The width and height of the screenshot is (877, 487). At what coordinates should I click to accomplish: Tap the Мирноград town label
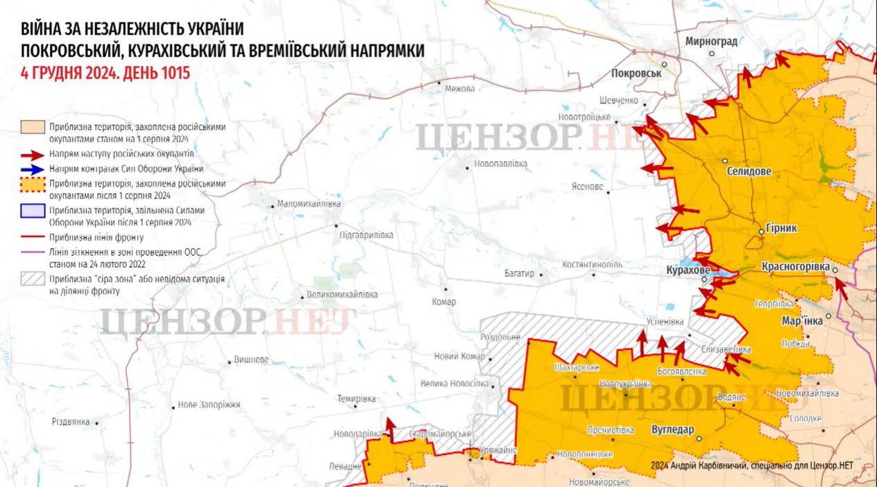710,42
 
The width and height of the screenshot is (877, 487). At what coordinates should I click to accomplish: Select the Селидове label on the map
749,171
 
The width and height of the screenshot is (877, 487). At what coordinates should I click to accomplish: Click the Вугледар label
672,429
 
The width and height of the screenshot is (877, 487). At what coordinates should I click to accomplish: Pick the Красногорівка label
795,266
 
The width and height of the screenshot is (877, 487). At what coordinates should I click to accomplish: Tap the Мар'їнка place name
801,321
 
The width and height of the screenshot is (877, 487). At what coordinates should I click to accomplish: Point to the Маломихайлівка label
309,205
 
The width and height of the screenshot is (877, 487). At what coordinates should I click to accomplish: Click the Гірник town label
782,228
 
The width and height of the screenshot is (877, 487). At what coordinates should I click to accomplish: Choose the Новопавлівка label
500,164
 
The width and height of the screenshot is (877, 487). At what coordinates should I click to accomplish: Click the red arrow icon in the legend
32,153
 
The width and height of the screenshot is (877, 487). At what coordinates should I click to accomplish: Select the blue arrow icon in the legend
32,169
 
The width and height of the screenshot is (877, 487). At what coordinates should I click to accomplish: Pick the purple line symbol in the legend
32,253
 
